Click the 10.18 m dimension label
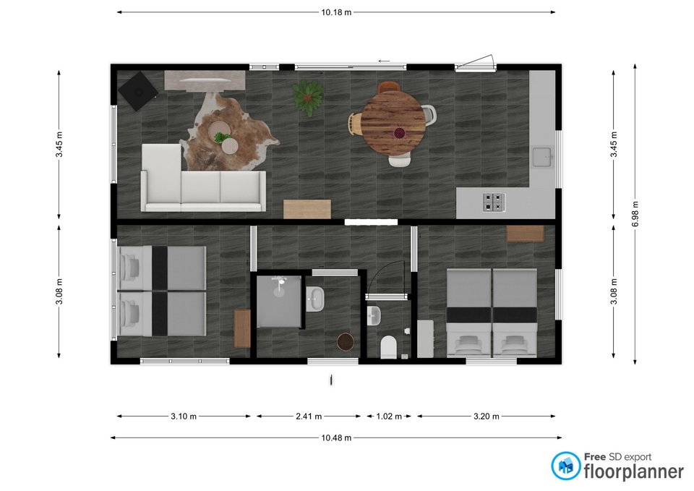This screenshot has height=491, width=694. point(336,12)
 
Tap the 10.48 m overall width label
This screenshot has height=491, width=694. point(336,438)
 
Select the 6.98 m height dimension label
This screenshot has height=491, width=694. point(635,214)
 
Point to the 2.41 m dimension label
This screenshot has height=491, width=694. point(309,417)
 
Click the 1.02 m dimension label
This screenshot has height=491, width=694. point(389,417)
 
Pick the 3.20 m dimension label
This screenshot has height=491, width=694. point(486,417)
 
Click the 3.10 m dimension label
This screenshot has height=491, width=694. point(183,417)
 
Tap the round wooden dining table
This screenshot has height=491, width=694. point(393,123)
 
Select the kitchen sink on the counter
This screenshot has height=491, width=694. point(541,157)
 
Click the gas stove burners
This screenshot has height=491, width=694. point(494,202)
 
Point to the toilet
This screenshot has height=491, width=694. point(389,347)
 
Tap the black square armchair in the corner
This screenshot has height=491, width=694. point(137,91)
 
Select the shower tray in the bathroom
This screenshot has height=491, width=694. point(279,301)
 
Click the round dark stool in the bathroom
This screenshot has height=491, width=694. point(346,342)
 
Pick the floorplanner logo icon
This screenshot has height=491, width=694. point(565,466)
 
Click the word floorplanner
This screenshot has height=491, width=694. point(633,471)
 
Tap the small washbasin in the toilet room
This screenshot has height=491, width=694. point(374,316)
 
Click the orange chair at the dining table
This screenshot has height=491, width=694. point(389,87)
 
